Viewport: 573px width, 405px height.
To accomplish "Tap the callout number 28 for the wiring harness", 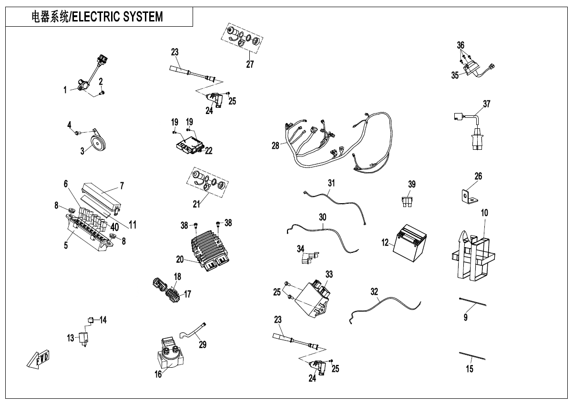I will (x=276, y=145).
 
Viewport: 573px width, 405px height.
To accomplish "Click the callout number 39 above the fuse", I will (x=412, y=184).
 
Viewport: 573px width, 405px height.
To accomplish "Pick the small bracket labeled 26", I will (x=466, y=197).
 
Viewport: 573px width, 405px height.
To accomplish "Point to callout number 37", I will (x=486, y=104).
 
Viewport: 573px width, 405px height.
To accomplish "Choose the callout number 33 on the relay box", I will (x=329, y=274).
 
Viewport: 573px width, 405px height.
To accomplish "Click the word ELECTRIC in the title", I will (x=99, y=17).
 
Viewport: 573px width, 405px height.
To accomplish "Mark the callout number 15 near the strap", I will (x=470, y=369).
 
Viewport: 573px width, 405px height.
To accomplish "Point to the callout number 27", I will (x=250, y=64).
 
